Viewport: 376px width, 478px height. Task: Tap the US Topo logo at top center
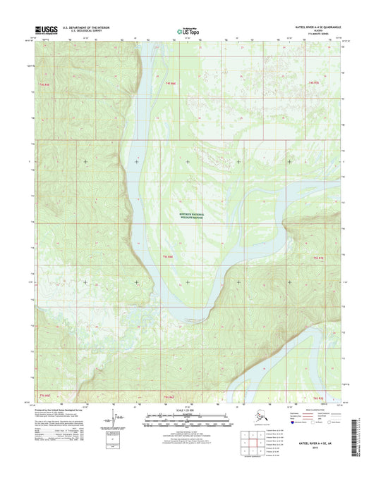point(188,30)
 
